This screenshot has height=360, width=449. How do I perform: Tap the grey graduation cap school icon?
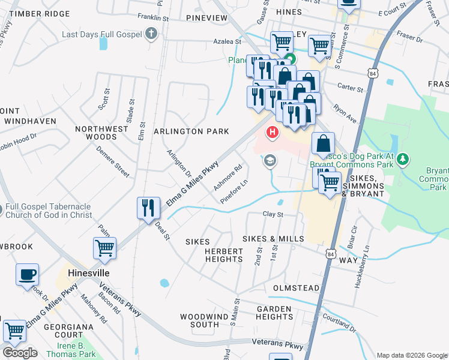(x=270, y=161)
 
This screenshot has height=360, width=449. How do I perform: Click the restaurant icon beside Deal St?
(x=148, y=208)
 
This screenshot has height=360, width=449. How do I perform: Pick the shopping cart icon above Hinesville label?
(x=104, y=248)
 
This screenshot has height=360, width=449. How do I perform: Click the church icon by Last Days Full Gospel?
(x=152, y=34)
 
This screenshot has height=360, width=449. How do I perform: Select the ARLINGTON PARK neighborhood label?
(x=191, y=131)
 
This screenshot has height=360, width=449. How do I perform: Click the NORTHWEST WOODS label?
(x=101, y=133)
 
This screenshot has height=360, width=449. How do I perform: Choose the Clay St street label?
(x=273, y=214)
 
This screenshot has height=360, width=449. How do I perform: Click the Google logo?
(x=20, y=353)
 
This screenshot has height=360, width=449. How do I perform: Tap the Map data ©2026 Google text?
(x=411, y=355)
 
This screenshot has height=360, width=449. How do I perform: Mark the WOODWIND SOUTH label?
(x=200, y=320)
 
